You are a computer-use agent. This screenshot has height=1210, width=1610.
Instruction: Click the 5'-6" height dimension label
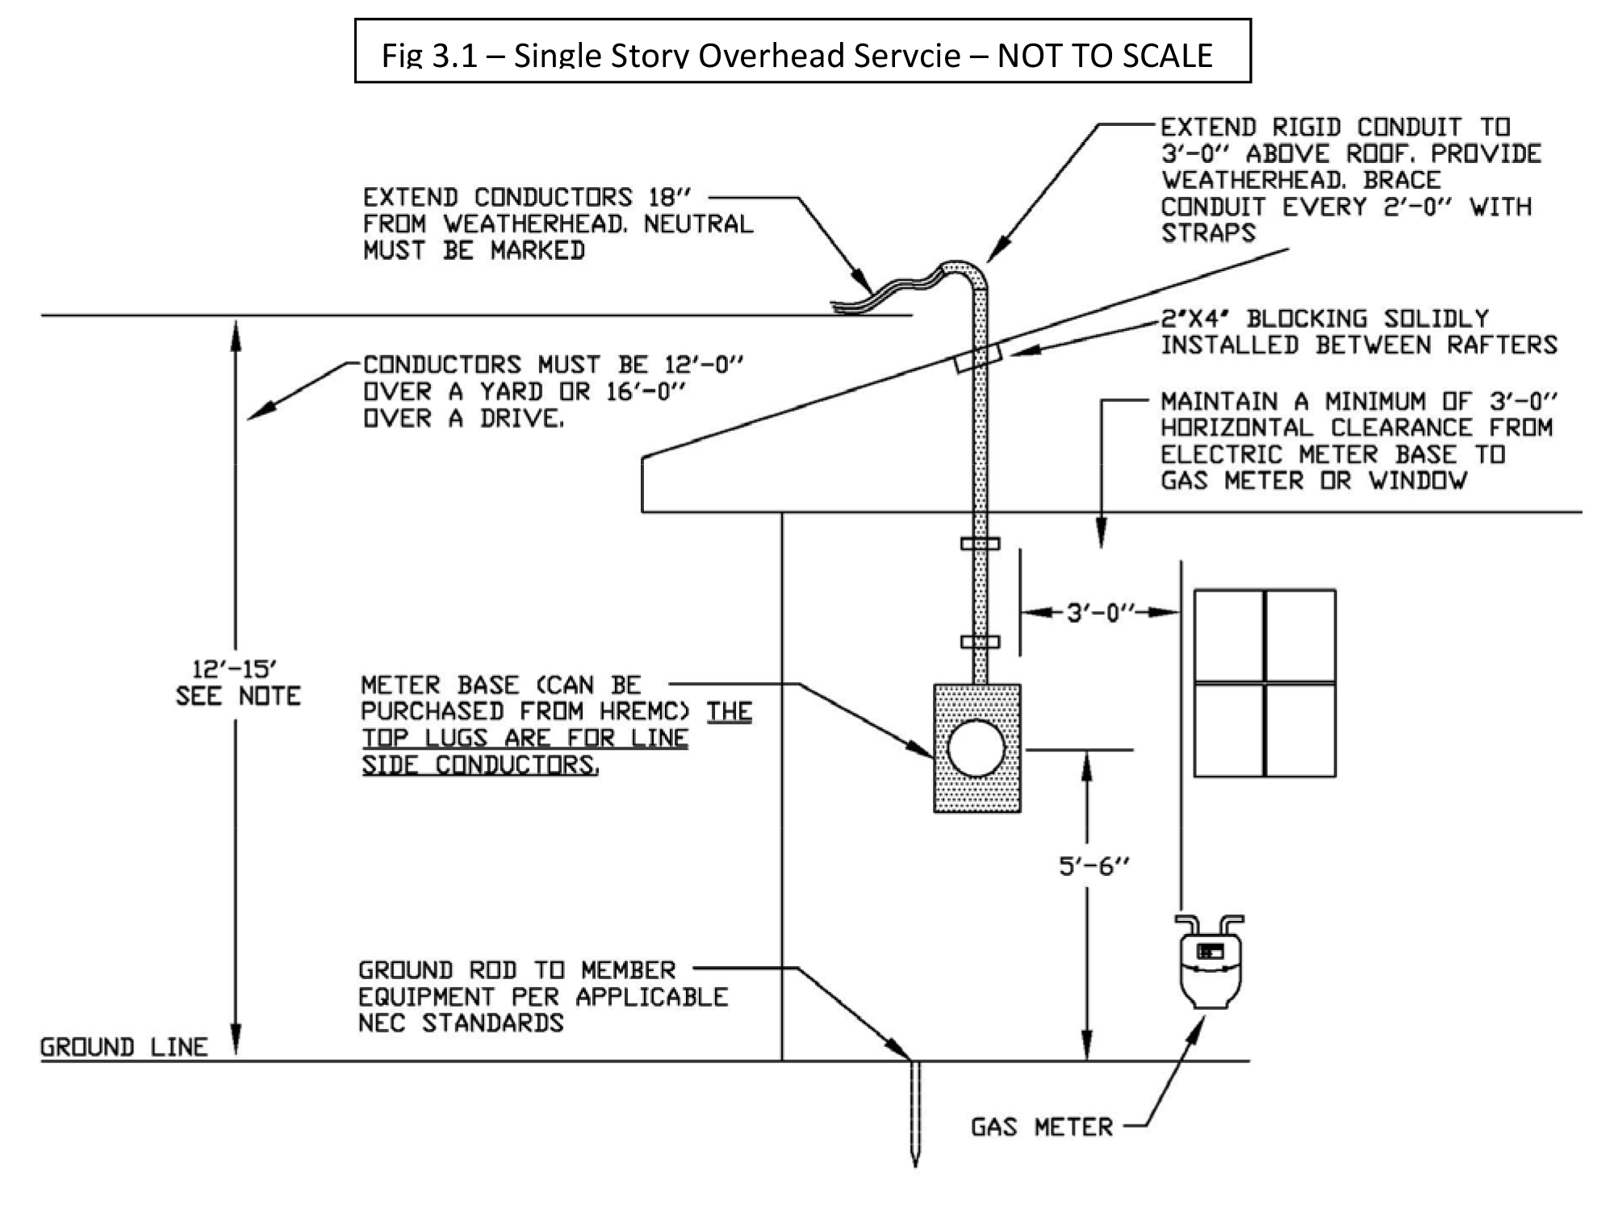click(x=1094, y=866)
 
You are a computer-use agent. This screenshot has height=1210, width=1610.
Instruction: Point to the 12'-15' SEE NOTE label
click(x=237, y=682)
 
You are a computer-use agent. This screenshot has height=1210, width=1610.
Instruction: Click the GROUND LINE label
click(x=123, y=1047)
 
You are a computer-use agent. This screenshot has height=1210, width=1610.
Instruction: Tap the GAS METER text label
click(x=1041, y=1126)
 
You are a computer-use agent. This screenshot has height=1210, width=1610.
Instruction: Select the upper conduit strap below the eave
click(x=980, y=543)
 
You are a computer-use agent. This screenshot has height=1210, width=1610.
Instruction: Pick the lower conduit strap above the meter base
click(x=980, y=642)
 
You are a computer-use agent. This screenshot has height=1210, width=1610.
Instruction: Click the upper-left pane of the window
click(x=1228, y=636)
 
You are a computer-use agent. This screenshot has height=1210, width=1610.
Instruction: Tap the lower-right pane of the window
click(x=1300, y=730)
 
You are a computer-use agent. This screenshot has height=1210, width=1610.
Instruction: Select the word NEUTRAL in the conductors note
click(x=698, y=224)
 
